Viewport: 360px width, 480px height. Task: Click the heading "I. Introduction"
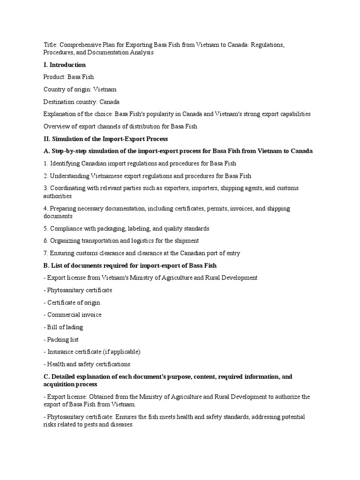(x=64, y=65)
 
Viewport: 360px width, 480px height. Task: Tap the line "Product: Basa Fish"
(x=68, y=77)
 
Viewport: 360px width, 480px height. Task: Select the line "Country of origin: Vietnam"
(x=80, y=89)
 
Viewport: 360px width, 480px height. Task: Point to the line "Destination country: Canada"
(x=81, y=102)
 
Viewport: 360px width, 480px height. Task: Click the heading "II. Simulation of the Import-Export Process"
(x=105, y=139)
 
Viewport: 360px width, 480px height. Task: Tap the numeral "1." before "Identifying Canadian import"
(x=45, y=164)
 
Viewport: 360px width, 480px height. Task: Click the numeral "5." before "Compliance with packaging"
(x=45, y=228)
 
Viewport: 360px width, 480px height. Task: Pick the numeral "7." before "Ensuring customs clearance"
(x=45, y=253)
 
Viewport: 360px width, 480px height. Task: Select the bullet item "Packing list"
(x=62, y=339)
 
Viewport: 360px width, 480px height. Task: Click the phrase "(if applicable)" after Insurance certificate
(x=120, y=352)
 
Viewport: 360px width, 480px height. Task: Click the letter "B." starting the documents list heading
(x=46, y=265)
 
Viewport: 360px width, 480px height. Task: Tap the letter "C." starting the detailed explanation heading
(x=46, y=376)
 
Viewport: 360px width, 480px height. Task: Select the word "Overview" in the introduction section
(x=55, y=127)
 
